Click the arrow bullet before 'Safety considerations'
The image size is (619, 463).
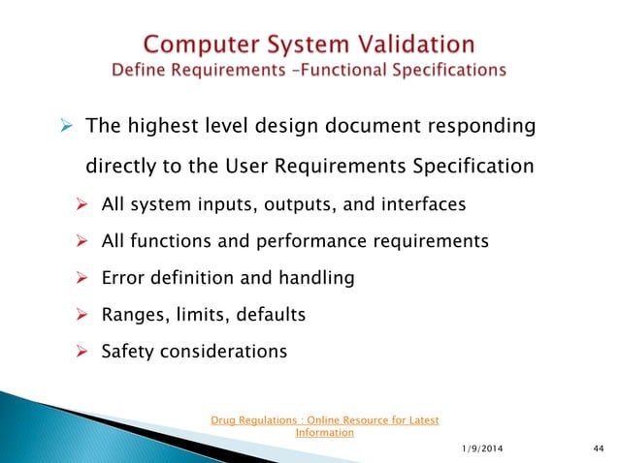tap(83, 351)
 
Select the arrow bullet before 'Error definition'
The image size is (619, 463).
tap(83, 278)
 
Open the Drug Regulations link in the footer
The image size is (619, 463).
tap(324, 426)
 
